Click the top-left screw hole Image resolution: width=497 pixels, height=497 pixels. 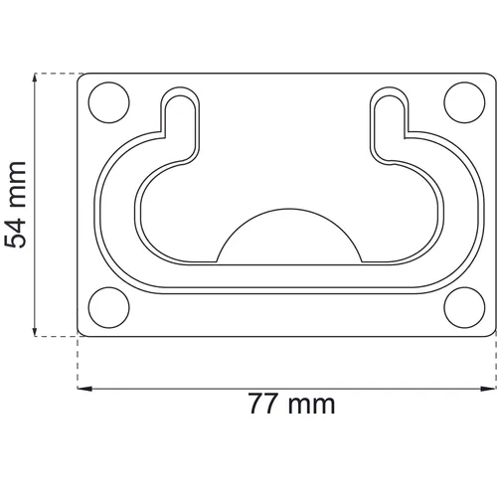[109, 101]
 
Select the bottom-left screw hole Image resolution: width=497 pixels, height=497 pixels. [109, 308]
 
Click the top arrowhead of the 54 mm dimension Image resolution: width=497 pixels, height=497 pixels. [37, 79]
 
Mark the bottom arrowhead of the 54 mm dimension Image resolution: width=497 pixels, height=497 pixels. [37, 332]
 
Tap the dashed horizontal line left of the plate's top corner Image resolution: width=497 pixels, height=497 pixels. [55, 73]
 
